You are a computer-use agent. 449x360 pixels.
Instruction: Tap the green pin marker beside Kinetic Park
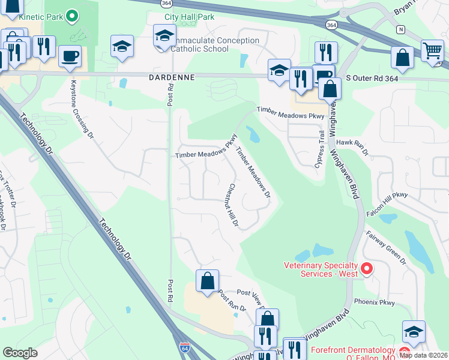tap(72, 16)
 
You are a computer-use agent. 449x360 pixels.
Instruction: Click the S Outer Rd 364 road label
tap(372, 79)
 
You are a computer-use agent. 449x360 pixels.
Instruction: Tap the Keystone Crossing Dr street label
tap(82, 109)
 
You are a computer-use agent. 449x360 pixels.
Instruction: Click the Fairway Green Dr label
tap(387, 248)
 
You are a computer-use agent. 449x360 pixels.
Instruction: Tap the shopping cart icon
tap(432, 52)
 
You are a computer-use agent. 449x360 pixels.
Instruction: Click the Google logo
tap(21, 353)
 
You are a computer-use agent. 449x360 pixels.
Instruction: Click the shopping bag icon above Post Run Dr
tap(207, 281)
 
